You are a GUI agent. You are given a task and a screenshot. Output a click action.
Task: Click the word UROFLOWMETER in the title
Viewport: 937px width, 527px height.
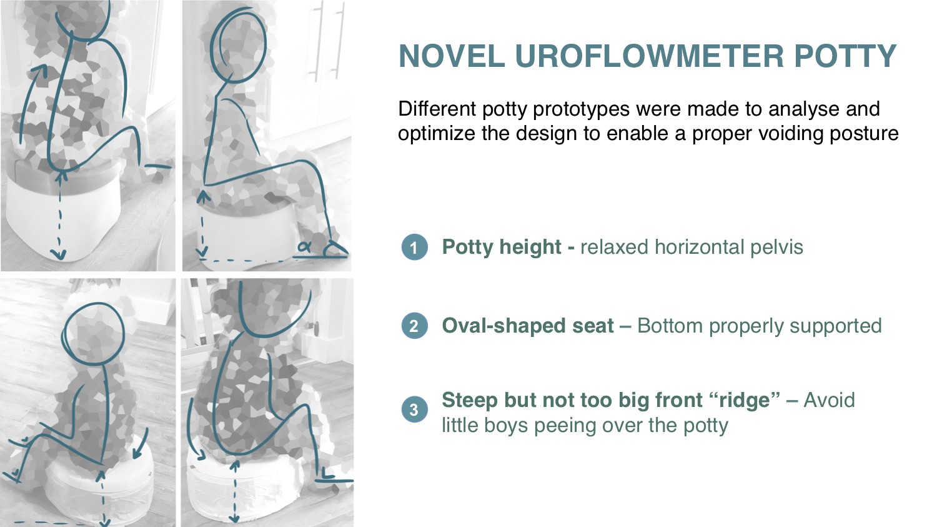(649, 56)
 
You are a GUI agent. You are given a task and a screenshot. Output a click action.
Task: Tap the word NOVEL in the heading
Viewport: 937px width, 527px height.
(452, 56)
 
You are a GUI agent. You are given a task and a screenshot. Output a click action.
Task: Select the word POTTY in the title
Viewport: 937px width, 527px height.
(845, 56)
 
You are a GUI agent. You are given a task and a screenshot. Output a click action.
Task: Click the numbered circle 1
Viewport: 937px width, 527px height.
(414, 247)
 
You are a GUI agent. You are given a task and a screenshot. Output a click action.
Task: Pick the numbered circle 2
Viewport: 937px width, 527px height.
(414, 326)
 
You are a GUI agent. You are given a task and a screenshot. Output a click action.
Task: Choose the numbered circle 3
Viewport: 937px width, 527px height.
(414, 409)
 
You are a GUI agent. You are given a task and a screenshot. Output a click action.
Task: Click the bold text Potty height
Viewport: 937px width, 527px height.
(502, 247)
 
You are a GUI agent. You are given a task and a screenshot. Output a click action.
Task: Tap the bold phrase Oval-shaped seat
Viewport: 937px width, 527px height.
(528, 326)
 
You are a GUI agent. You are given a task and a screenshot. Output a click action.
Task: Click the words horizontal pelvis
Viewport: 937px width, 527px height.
(729, 247)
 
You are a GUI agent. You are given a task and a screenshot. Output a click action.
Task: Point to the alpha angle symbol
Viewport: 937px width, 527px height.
(304, 247)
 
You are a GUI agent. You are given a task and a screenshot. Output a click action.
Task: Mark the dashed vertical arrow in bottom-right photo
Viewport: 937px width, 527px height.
(235, 492)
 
